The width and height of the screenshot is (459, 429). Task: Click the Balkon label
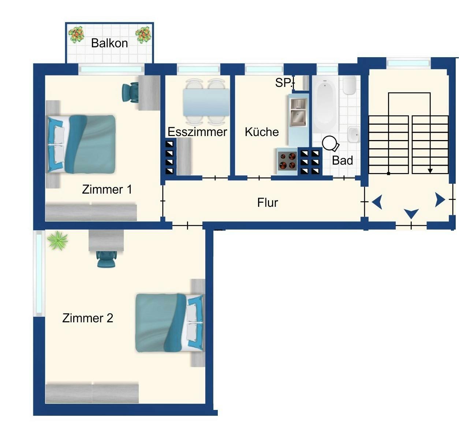[109, 43]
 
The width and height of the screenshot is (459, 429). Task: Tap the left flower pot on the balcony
[76, 35]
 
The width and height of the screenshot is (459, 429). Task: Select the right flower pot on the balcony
[143, 35]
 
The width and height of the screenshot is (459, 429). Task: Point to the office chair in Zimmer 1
[130, 92]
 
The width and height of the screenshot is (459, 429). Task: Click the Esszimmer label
[197, 132]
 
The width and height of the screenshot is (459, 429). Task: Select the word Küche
[262, 132]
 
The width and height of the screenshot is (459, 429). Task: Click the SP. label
[284, 83]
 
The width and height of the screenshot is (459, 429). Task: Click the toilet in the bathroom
[349, 85]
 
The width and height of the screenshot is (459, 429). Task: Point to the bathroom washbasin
[354, 134]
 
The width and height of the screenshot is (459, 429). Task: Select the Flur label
[268, 203]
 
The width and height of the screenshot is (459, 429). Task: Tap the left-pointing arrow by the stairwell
[377, 202]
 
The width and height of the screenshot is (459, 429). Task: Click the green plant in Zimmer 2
[57, 241]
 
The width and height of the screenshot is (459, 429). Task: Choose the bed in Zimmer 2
[168, 323]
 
